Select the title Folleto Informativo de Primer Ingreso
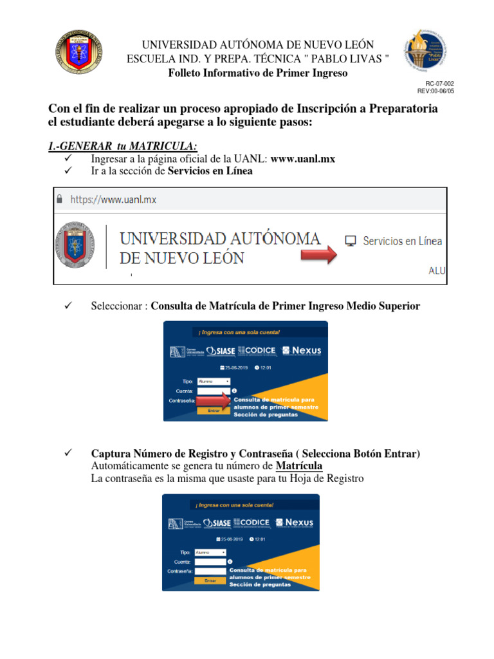click(x=257, y=73)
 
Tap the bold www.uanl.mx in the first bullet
click(x=303, y=159)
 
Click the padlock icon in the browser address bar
click(x=60, y=200)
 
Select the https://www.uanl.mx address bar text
click(x=113, y=200)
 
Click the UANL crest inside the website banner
click(x=76, y=245)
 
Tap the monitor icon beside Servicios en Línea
click(x=351, y=241)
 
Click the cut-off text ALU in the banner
click(x=437, y=271)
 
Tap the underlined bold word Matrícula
click(x=299, y=466)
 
